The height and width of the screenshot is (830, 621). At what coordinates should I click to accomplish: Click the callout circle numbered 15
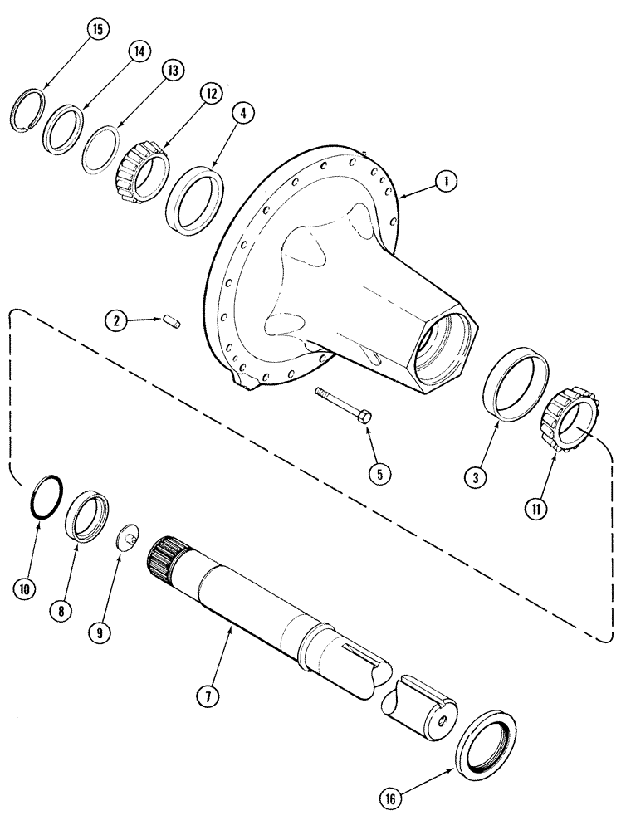(97, 31)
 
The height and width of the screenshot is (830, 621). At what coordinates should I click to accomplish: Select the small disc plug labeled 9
(127, 537)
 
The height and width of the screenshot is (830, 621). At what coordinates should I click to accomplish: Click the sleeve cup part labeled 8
(87, 518)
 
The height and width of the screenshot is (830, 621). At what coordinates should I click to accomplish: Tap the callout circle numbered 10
(24, 588)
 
